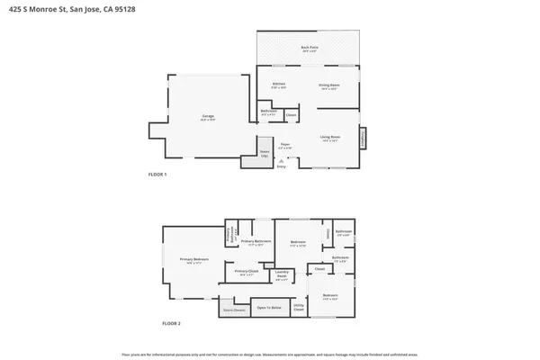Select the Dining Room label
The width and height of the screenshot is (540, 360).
click(328, 85)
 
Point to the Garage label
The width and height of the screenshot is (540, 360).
click(206, 117)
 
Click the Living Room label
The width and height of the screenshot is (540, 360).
click(329, 138)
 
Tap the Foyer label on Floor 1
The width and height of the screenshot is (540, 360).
click(284, 145)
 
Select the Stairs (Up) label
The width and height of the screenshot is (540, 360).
click(265, 154)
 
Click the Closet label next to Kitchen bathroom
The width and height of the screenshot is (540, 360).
click(292, 114)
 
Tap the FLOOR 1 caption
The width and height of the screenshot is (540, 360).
click(157, 174)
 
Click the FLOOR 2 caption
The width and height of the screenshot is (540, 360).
click(171, 322)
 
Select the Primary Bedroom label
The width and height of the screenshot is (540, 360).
click(193, 261)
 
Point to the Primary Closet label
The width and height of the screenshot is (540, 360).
click(247, 272)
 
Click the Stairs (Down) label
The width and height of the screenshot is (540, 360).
click(233, 310)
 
